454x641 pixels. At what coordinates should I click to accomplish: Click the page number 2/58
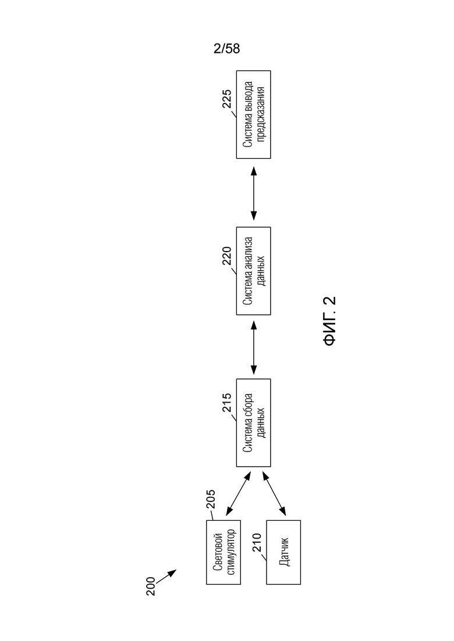point(226,49)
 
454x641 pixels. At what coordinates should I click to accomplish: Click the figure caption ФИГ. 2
point(329,321)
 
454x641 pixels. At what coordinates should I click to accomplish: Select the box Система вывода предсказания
point(253,114)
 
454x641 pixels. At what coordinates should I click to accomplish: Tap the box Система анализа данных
point(253,271)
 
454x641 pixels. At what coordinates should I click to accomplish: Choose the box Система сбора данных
point(253,422)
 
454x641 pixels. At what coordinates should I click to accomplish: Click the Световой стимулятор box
point(223,552)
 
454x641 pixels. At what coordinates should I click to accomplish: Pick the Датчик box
point(283,552)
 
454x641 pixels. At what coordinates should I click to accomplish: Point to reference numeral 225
point(227,99)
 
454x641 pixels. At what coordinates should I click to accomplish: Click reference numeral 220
point(227,256)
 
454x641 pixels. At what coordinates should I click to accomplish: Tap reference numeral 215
point(227,402)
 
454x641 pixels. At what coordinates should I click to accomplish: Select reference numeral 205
point(211,499)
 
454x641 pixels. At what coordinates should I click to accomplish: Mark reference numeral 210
point(257,542)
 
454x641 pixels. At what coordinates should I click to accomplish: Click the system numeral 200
point(151,586)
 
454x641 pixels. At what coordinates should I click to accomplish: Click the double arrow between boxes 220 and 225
point(253,193)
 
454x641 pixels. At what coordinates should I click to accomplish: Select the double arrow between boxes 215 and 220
point(253,347)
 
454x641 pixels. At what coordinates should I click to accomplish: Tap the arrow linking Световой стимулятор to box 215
point(238,493)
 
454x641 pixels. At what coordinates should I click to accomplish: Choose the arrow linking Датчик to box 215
point(274,493)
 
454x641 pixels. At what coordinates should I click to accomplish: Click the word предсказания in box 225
point(261,114)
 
